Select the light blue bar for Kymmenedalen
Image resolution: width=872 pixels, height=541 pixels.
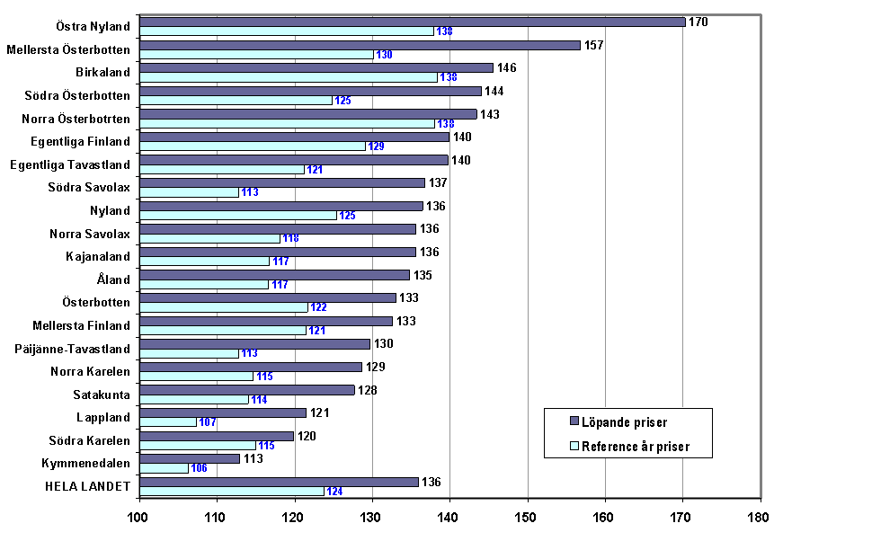[x=165, y=468]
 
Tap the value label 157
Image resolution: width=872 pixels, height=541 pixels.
[x=594, y=45]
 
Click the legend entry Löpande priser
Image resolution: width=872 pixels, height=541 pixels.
[x=623, y=421]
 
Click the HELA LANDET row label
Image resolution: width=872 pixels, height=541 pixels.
[x=88, y=486]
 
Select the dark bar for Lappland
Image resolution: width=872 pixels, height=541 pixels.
[x=224, y=412]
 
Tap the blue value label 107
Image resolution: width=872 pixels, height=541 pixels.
[x=208, y=422]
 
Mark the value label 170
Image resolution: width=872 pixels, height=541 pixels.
[x=698, y=22]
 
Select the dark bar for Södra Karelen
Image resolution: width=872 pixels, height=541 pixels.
[x=218, y=436]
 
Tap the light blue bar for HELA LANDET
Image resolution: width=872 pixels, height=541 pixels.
[x=232, y=491]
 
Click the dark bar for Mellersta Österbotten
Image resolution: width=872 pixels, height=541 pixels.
[x=360, y=45]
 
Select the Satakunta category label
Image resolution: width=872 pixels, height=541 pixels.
[x=102, y=395]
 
